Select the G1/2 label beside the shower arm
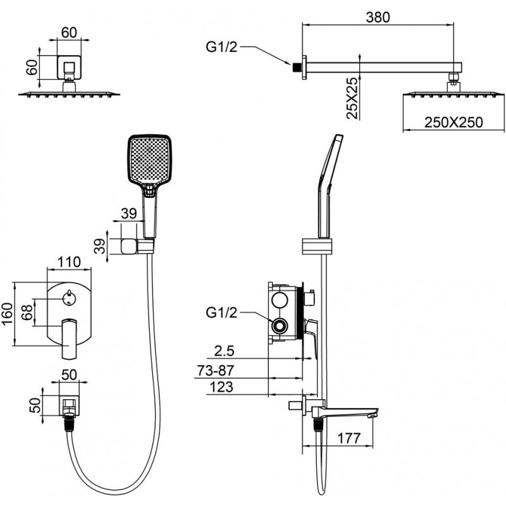pos(222,46)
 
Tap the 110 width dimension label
pos(70,261)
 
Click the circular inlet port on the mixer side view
pos(279,326)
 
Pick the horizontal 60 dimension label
pos(69,31)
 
